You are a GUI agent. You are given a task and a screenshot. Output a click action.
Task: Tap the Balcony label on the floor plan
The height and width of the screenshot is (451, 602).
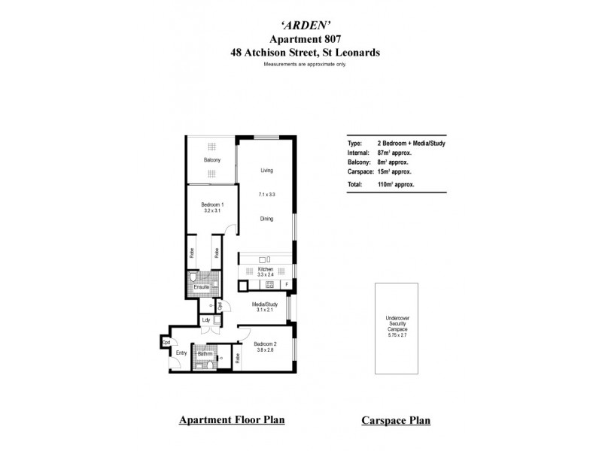(211, 160)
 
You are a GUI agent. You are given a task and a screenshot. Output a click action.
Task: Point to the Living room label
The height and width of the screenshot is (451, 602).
(266, 171)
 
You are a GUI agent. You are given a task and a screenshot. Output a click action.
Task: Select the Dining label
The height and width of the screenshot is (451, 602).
(266, 219)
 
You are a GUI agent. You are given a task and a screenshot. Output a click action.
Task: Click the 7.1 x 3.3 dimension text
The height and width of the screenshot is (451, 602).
(266, 195)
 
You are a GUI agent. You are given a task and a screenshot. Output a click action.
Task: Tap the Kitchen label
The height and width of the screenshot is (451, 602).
(265, 268)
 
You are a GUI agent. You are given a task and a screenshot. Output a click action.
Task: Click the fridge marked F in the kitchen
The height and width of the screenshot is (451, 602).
(286, 285)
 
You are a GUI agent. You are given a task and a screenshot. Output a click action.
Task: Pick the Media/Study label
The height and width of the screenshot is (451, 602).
(266, 304)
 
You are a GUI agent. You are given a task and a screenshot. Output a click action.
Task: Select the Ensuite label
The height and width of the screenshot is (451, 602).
(201, 287)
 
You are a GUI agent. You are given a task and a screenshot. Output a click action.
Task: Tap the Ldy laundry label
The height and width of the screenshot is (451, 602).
(205, 321)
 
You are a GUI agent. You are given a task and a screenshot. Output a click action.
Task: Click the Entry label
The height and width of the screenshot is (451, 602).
(181, 352)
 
